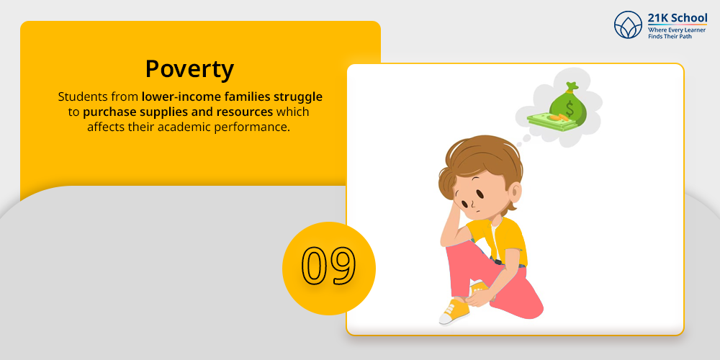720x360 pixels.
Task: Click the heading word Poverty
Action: click(189, 69)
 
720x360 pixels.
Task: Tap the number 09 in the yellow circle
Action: click(329, 266)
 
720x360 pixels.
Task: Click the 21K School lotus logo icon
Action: click(628, 24)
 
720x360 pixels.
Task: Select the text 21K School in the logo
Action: click(678, 19)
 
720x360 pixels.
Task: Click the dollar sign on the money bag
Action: click(570, 109)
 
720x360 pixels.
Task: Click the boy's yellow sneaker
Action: click(454, 311)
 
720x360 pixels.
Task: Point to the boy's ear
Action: click(515, 193)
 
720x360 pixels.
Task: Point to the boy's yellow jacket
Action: click(500, 240)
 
